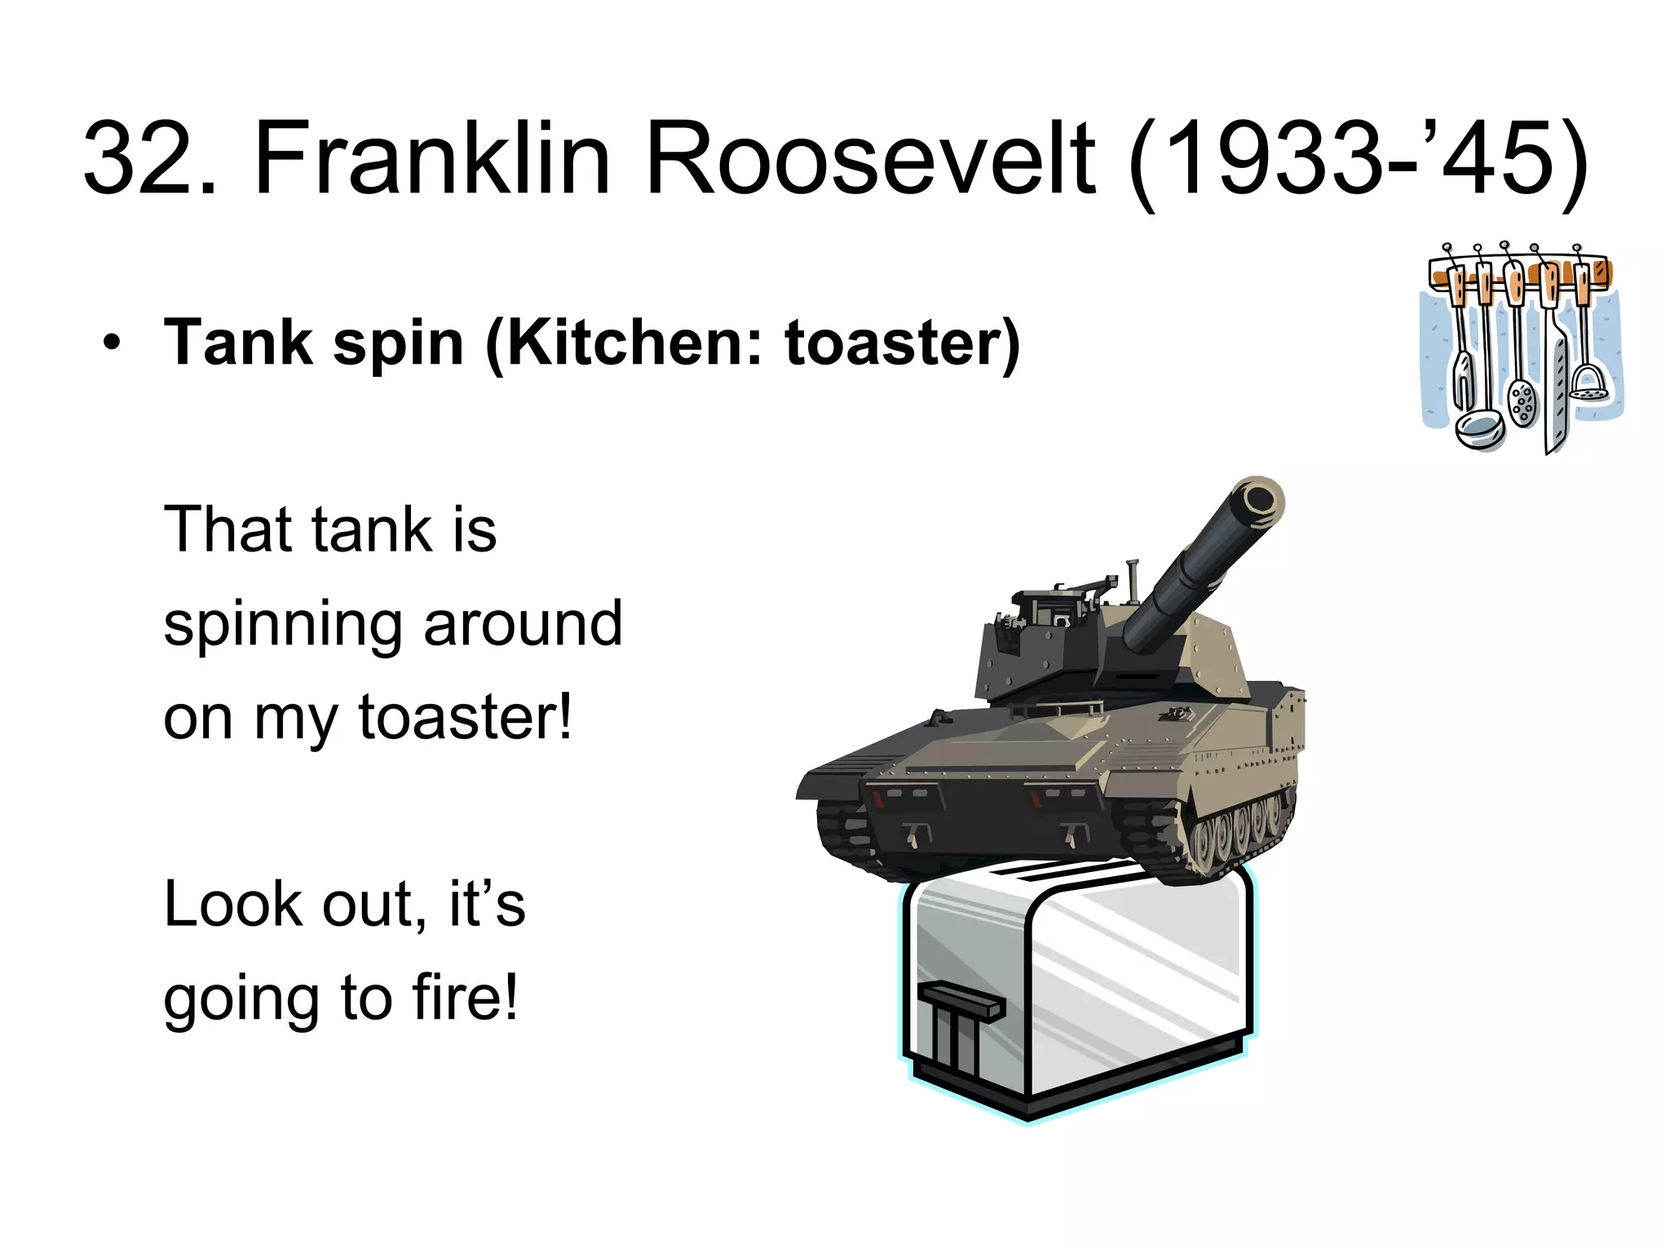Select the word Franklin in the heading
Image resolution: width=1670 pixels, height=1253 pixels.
coord(432,159)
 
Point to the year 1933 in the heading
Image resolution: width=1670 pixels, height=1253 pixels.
coord(1272,159)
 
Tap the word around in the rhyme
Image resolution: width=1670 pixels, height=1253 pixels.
coord(523,625)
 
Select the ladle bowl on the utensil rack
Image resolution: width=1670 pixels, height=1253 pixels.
coord(1479,427)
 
